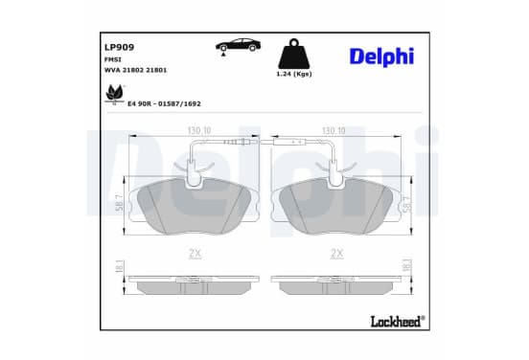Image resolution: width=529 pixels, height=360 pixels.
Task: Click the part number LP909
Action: (x=119, y=47)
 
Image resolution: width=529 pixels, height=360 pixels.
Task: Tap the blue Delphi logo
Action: (x=381, y=56)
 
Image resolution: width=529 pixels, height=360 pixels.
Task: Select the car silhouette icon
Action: (x=238, y=46)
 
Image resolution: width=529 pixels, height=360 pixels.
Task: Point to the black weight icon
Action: (x=294, y=54)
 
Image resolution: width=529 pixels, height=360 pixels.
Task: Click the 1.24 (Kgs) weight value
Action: (x=294, y=74)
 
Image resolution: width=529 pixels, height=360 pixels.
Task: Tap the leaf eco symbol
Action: (x=115, y=94)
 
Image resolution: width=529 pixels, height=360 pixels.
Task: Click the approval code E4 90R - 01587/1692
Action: (x=164, y=103)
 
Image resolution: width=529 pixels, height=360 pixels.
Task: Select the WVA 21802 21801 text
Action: (x=136, y=70)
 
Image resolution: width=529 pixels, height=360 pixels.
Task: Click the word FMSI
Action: (x=113, y=59)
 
